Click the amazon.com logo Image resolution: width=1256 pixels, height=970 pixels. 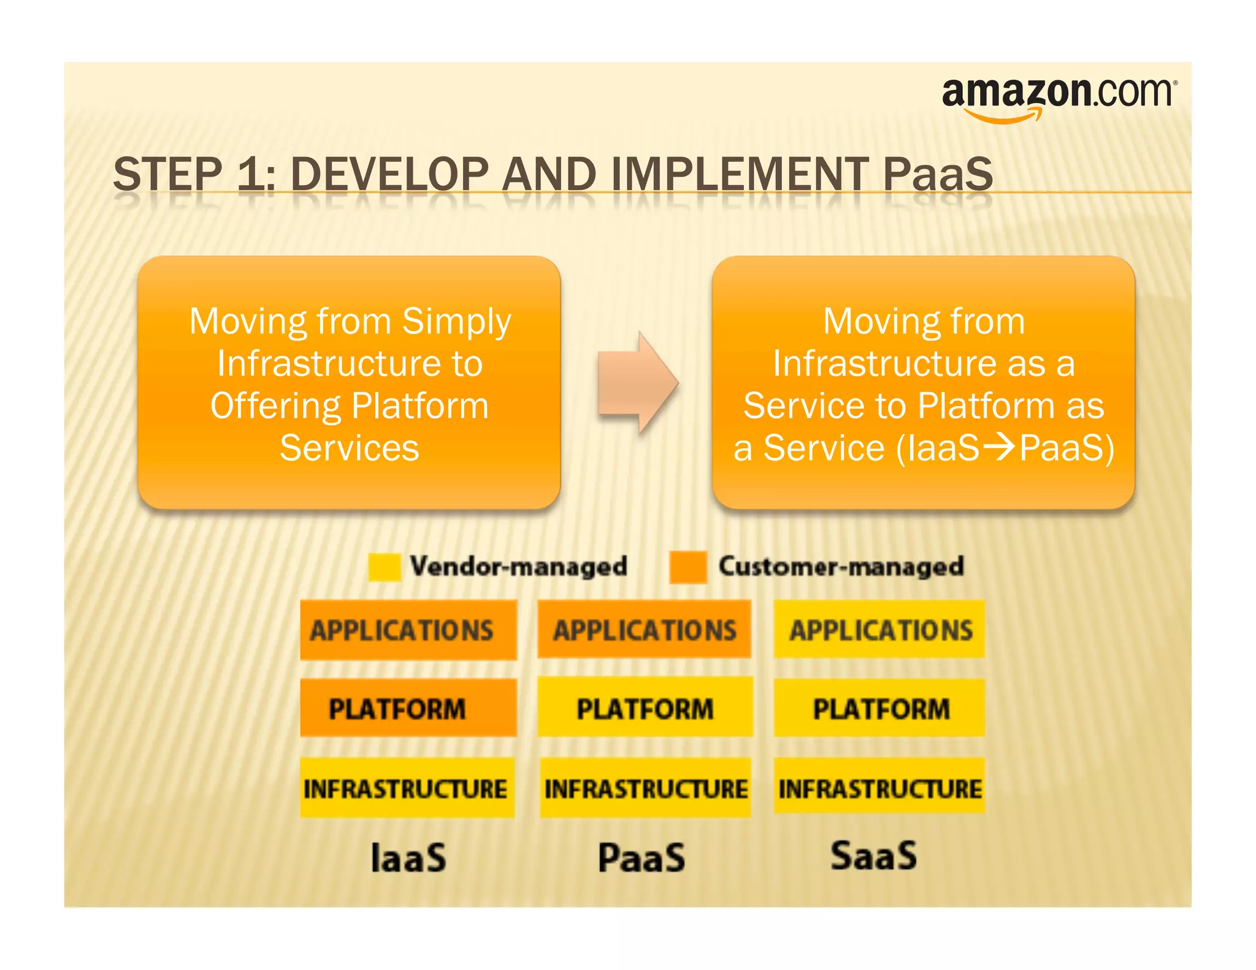coord(1059,98)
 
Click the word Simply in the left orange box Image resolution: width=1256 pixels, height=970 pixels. coord(456,321)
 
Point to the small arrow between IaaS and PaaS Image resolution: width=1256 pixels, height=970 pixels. coord(999,447)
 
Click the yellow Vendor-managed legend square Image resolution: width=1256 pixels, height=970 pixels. coord(385,567)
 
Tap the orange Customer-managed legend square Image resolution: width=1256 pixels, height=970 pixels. coord(687,567)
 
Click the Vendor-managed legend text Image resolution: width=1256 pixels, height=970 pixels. coord(518,566)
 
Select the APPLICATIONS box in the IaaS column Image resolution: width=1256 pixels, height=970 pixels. coord(408,630)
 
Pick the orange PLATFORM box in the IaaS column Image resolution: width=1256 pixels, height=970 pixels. coord(408,708)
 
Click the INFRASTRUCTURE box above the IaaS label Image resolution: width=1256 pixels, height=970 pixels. coord(407,788)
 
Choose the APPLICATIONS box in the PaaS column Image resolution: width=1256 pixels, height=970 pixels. coord(645,630)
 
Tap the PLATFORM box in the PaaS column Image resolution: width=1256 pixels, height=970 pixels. coord(645,708)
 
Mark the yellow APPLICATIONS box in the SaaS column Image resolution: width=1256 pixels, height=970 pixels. coord(879,630)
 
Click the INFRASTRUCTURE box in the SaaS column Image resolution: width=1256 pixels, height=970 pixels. coord(879,787)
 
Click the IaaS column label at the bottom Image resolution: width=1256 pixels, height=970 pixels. coord(408,858)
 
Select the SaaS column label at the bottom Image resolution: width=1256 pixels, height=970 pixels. coord(873,856)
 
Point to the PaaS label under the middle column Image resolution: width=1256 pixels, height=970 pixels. coord(641,858)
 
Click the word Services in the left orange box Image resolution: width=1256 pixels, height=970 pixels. coord(350,448)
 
